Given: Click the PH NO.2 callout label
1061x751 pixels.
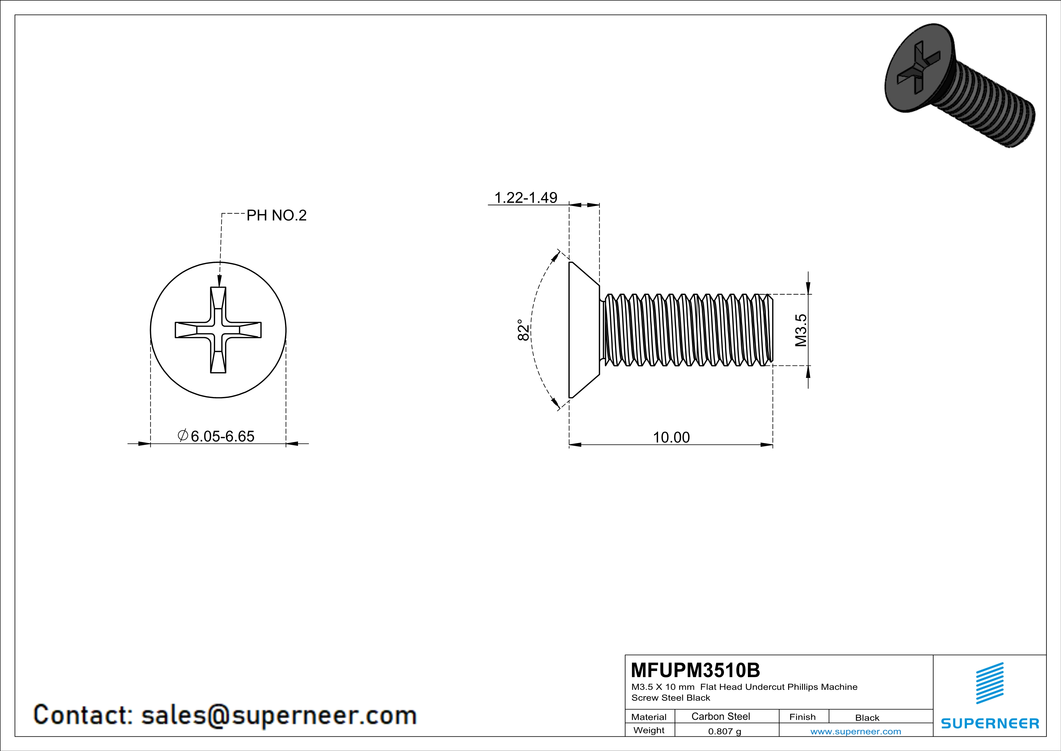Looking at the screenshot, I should point(276,216).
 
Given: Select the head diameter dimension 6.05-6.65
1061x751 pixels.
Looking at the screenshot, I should point(222,436).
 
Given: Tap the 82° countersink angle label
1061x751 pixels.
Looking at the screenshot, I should point(523,330).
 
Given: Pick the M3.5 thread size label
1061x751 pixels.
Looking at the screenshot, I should point(801,330).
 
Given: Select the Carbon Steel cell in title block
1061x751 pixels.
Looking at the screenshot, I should point(720,716).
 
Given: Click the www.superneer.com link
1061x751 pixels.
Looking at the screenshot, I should point(855,731).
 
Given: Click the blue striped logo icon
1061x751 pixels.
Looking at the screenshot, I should point(989,683).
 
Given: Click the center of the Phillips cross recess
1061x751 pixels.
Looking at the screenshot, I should point(218,330).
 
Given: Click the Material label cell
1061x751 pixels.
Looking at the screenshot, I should point(649,717).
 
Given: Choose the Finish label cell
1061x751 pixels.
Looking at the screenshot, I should point(802,717).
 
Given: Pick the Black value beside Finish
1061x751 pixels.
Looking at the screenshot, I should point(867,718).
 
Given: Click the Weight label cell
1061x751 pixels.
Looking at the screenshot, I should point(649,730).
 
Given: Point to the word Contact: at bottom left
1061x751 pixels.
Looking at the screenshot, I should point(84,715).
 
